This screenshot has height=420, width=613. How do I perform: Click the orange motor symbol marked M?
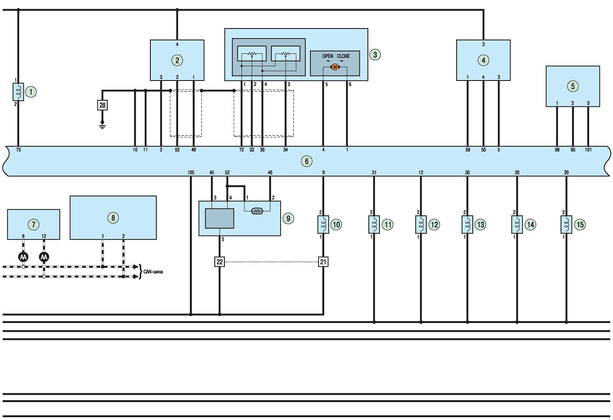335,67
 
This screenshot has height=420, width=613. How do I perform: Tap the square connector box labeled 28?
103,105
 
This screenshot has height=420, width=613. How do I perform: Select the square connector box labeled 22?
219,262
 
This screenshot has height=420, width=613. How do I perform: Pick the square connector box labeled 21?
323,262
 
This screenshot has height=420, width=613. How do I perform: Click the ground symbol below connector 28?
103,126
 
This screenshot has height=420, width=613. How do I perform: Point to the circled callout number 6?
306,161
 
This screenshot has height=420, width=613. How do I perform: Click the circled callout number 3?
375,54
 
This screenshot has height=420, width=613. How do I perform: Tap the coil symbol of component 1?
18,92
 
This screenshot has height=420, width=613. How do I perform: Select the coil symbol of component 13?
467,224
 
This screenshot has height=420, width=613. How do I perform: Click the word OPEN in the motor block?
327,56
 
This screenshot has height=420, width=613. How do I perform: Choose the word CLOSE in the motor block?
343,56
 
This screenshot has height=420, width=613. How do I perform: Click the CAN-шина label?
153,272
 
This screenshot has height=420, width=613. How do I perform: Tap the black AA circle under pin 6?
23,257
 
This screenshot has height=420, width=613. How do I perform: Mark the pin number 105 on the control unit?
191,173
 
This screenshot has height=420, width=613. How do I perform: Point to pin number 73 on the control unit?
18,150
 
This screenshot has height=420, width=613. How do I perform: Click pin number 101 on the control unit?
588,150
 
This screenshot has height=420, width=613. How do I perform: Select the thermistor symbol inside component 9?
257,211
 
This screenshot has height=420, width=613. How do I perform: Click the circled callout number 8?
113,218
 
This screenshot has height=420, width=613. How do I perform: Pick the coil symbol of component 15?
566,224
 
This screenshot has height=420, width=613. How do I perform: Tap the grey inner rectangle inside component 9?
219,219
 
